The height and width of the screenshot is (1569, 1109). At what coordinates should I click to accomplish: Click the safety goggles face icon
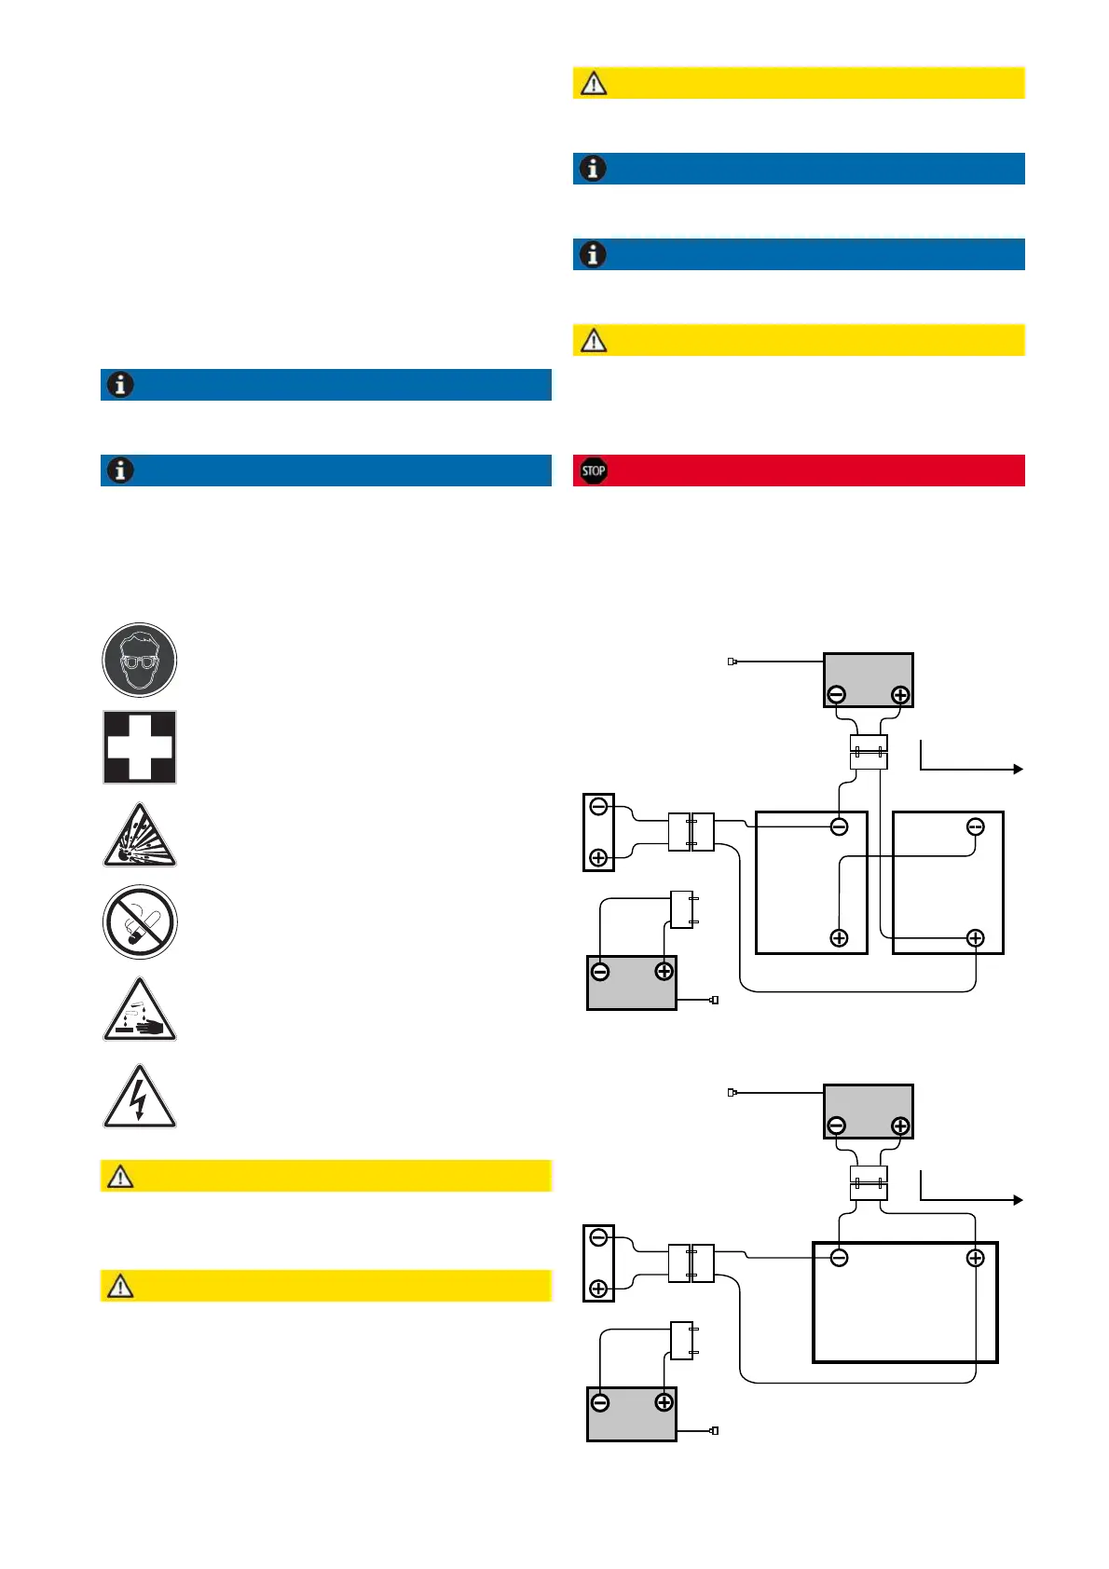pos(140,661)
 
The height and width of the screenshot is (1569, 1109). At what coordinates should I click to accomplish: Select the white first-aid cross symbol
pos(140,747)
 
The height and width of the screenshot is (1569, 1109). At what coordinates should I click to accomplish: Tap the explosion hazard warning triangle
pos(140,837)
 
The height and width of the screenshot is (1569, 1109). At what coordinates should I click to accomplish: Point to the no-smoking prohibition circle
pos(140,922)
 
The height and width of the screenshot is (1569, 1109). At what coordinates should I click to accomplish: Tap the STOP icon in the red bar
pos(594,471)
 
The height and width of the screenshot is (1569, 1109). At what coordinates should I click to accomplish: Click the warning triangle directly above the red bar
pos(594,340)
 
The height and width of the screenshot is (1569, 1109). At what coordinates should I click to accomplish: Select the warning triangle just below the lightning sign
pos(120,1177)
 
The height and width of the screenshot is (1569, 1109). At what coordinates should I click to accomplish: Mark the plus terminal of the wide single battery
pos(975,1259)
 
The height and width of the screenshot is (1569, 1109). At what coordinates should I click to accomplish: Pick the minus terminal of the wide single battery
pos(839,1259)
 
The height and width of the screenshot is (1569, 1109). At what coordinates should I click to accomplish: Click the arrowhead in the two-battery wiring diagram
pos(1019,769)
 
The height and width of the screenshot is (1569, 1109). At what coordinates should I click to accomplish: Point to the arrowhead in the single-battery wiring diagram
pos(1019,1200)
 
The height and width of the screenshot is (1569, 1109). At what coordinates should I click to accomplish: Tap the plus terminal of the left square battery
pos(839,938)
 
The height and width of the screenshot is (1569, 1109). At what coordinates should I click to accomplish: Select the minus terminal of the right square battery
pos(975,826)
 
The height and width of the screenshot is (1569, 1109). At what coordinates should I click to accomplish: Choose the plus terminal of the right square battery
pos(975,938)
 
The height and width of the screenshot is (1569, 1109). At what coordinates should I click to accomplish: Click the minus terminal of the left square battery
pos(839,826)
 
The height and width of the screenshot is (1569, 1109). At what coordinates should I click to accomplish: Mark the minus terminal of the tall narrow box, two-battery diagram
pos(598,806)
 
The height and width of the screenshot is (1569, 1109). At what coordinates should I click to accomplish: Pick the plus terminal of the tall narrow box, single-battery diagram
pos(598,1289)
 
